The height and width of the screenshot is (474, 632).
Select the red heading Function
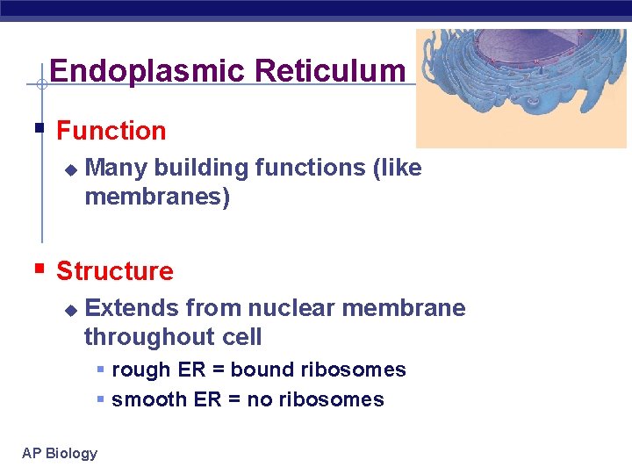(111, 131)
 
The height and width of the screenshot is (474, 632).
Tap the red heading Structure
(114, 271)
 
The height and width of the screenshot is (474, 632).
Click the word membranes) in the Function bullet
(157, 197)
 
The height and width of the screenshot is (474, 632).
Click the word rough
(140, 370)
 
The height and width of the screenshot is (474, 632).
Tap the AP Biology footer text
(60, 453)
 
